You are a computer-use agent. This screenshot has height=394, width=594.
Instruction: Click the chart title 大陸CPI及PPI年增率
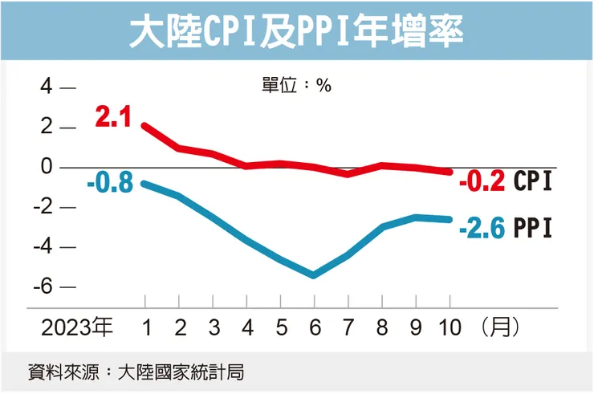coord(296,33)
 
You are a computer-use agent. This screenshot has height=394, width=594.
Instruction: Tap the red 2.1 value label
coord(112,118)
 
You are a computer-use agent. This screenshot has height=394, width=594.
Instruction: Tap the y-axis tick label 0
coord(47,167)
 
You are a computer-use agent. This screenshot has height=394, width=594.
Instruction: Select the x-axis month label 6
coord(314,327)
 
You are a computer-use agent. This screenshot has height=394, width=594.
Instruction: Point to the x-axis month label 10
coord(450,327)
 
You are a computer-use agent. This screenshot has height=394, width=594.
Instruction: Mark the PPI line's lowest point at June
coord(314,275)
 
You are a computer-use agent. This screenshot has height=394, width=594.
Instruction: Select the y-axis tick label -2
coord(43,207)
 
